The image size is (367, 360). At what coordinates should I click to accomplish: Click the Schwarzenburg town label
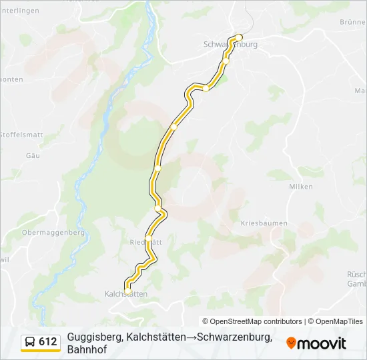point(230,45)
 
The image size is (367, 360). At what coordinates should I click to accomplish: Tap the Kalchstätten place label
point(125,294)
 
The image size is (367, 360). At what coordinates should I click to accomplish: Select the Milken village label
point(300,187)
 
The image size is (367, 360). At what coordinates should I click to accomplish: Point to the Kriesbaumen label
point(264,223)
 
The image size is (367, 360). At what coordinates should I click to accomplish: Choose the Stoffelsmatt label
point(21,135)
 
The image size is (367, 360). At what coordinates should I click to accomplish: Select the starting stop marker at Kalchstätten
point(127,291)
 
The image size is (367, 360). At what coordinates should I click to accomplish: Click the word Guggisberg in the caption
point(95,337)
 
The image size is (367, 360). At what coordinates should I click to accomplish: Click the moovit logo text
point(322,343)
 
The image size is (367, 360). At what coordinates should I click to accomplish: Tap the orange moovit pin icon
point(291,343)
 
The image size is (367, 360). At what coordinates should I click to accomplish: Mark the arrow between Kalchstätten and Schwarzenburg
point(192,337)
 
